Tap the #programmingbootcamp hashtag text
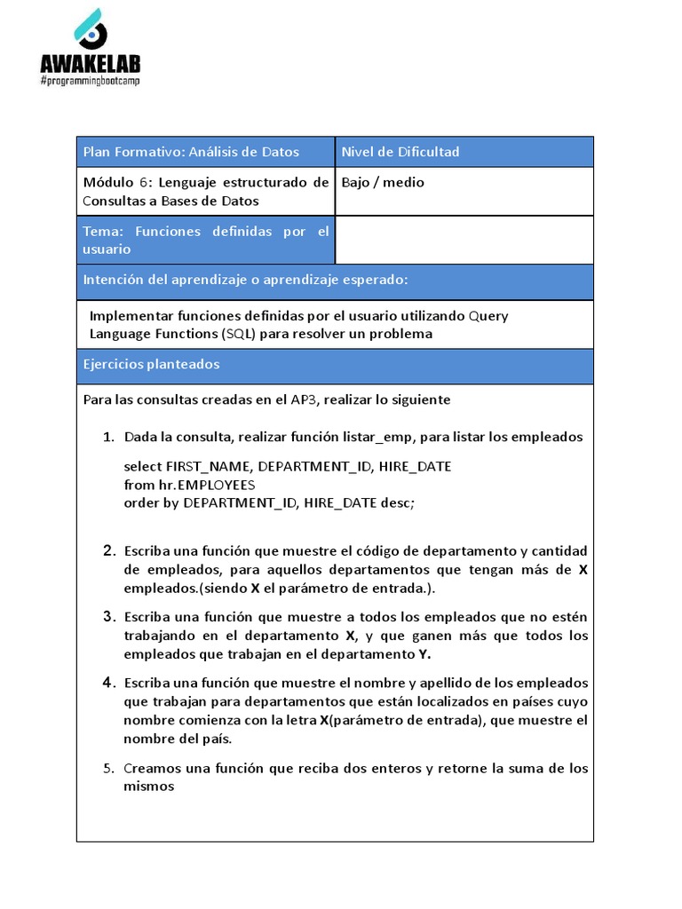point(90,81)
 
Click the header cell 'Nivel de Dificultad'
point(400,152)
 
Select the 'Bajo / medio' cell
point(383,183)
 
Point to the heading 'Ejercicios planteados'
point(151,365)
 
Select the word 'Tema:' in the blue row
point(102,232)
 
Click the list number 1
point(108,438)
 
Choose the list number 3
point(108,617)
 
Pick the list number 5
point(108,769)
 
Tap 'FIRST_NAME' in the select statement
point(209,467)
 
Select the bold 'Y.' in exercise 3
point(424,655)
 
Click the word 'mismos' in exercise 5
point(148,786)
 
